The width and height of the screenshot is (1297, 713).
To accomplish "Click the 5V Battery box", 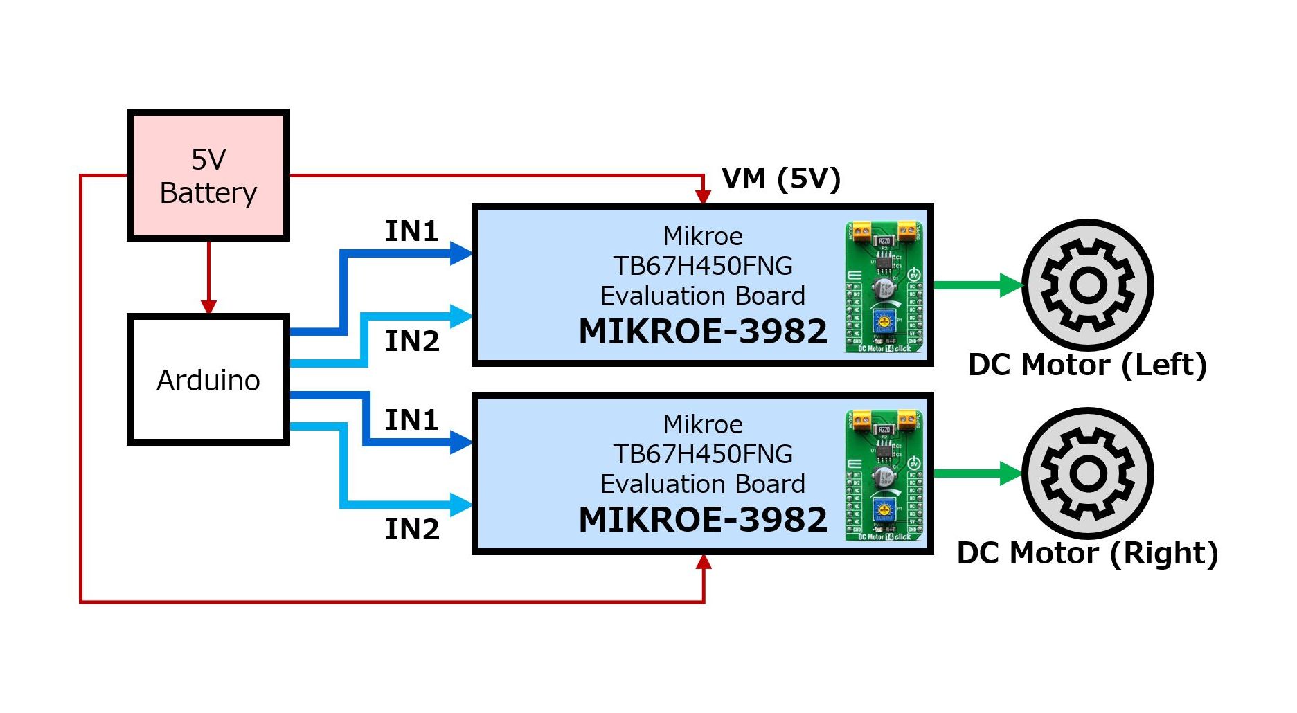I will [x=208, y=175].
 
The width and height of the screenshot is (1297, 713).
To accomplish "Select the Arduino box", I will [x=208, y=379].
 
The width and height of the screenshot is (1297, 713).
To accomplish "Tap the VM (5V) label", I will [x=780, y=179].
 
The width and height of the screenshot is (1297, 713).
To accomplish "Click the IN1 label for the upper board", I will [x=411, y=231].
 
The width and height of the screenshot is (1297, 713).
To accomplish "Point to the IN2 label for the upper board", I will [x=411, y=341].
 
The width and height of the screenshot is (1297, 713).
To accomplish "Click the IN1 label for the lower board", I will [x=411, y=419].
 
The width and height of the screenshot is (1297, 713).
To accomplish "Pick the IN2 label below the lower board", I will [x=411, y=529].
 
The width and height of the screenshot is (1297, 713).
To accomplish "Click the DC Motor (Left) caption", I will [x=1086, y=365].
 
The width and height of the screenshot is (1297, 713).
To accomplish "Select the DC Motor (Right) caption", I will [x=1086, y=553].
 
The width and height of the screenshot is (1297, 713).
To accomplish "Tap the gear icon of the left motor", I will [x=1087, y=285].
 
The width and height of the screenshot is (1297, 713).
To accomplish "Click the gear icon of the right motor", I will [x=1087, y=473].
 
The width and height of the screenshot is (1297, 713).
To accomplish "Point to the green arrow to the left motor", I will [x=976, y=285].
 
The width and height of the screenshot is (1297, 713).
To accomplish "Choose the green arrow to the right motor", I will [x=976, y=473].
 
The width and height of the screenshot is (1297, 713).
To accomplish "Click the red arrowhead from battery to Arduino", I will [x=208, y=306].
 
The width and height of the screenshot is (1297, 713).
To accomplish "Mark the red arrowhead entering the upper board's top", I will [x=703, y=197].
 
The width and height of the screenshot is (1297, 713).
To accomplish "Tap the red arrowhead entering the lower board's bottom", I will [x=704, y=562].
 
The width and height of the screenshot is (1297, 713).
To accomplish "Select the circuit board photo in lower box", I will [x=884, y=475].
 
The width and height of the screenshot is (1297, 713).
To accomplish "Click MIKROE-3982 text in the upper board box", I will [x=702, y=332].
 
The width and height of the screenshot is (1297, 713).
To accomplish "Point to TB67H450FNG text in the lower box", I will [x=702, y=454].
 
